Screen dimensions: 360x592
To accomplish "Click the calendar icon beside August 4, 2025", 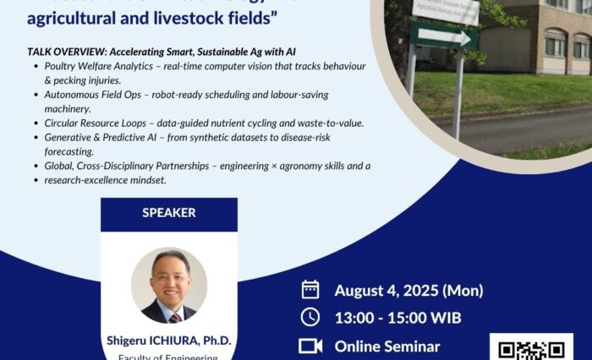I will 310,290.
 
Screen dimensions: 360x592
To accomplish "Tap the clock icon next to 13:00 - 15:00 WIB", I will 310,318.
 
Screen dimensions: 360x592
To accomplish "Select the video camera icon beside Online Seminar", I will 310,346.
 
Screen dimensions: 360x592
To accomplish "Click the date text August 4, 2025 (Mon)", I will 408,291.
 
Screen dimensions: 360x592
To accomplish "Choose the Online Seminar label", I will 387,346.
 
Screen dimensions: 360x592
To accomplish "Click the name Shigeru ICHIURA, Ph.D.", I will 169,341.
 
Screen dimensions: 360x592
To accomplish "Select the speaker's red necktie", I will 173,317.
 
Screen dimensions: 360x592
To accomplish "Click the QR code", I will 531,349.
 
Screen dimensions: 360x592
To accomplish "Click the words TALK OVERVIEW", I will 64,52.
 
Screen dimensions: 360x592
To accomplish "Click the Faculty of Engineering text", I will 169,356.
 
